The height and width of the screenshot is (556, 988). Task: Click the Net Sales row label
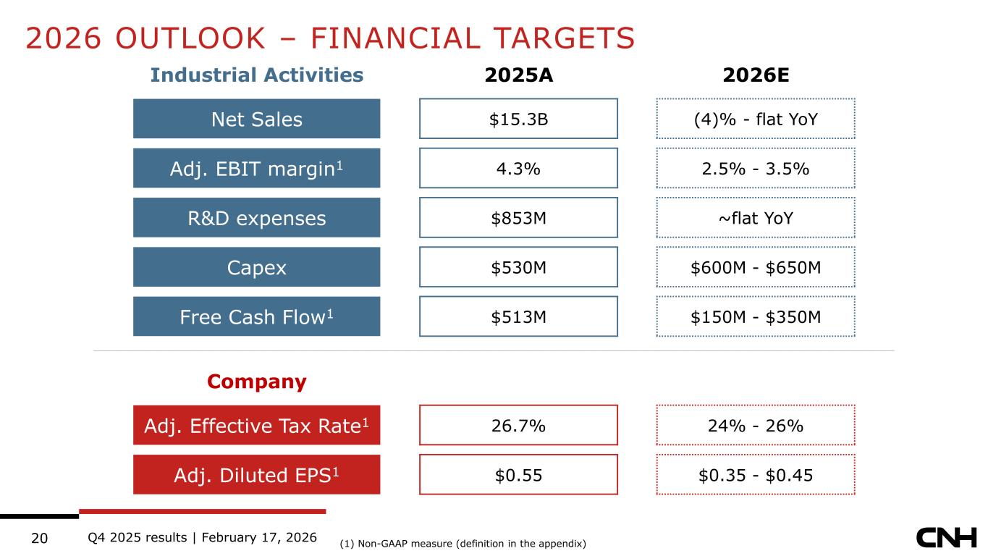tap(256, 119)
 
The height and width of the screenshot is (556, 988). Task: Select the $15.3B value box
tap(518, 119)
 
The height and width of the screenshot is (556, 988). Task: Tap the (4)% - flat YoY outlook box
tap(756, 119)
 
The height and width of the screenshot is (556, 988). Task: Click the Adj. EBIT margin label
tap(256, 168)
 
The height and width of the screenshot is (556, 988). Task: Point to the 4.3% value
tap(518, 168)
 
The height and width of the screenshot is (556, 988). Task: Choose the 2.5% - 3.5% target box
tap(756, 168)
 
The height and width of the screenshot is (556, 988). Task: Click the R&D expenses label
tap(256, 218)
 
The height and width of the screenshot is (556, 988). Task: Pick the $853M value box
tap(518, 218)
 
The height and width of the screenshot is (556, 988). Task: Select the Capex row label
tap(256, 267)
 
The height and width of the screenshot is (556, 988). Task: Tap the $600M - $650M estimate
tap(756, 267)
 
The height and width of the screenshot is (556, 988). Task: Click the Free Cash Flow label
tap(256, 316)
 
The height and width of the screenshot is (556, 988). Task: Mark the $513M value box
tap(518, 316)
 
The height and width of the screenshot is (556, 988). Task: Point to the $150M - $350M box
tap(756, 316)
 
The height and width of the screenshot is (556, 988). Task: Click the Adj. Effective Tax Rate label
tap(256, 425)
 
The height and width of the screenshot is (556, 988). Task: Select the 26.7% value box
tap(518, 425)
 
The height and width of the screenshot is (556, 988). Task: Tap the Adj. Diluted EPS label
tap(256, 474)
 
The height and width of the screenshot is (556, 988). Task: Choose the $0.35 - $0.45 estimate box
tap(756, 474)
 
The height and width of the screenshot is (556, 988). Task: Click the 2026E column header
tap(755, 75)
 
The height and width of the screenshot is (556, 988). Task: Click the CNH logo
tap(946, 538)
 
